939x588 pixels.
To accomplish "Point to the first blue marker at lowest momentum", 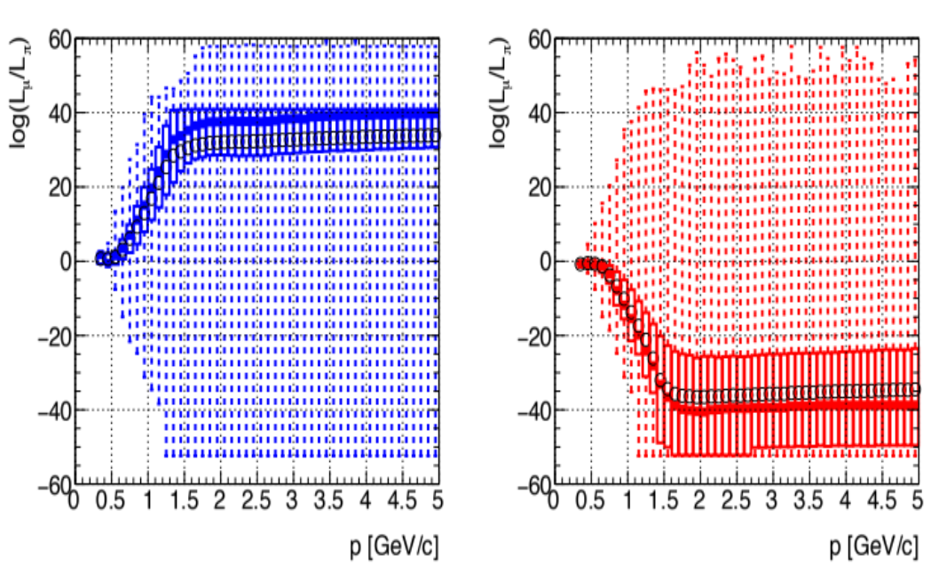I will [x=100, y=258].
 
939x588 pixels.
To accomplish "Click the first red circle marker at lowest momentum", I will [x=580, y=264].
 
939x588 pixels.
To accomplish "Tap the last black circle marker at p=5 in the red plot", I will [x=916, y=388].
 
